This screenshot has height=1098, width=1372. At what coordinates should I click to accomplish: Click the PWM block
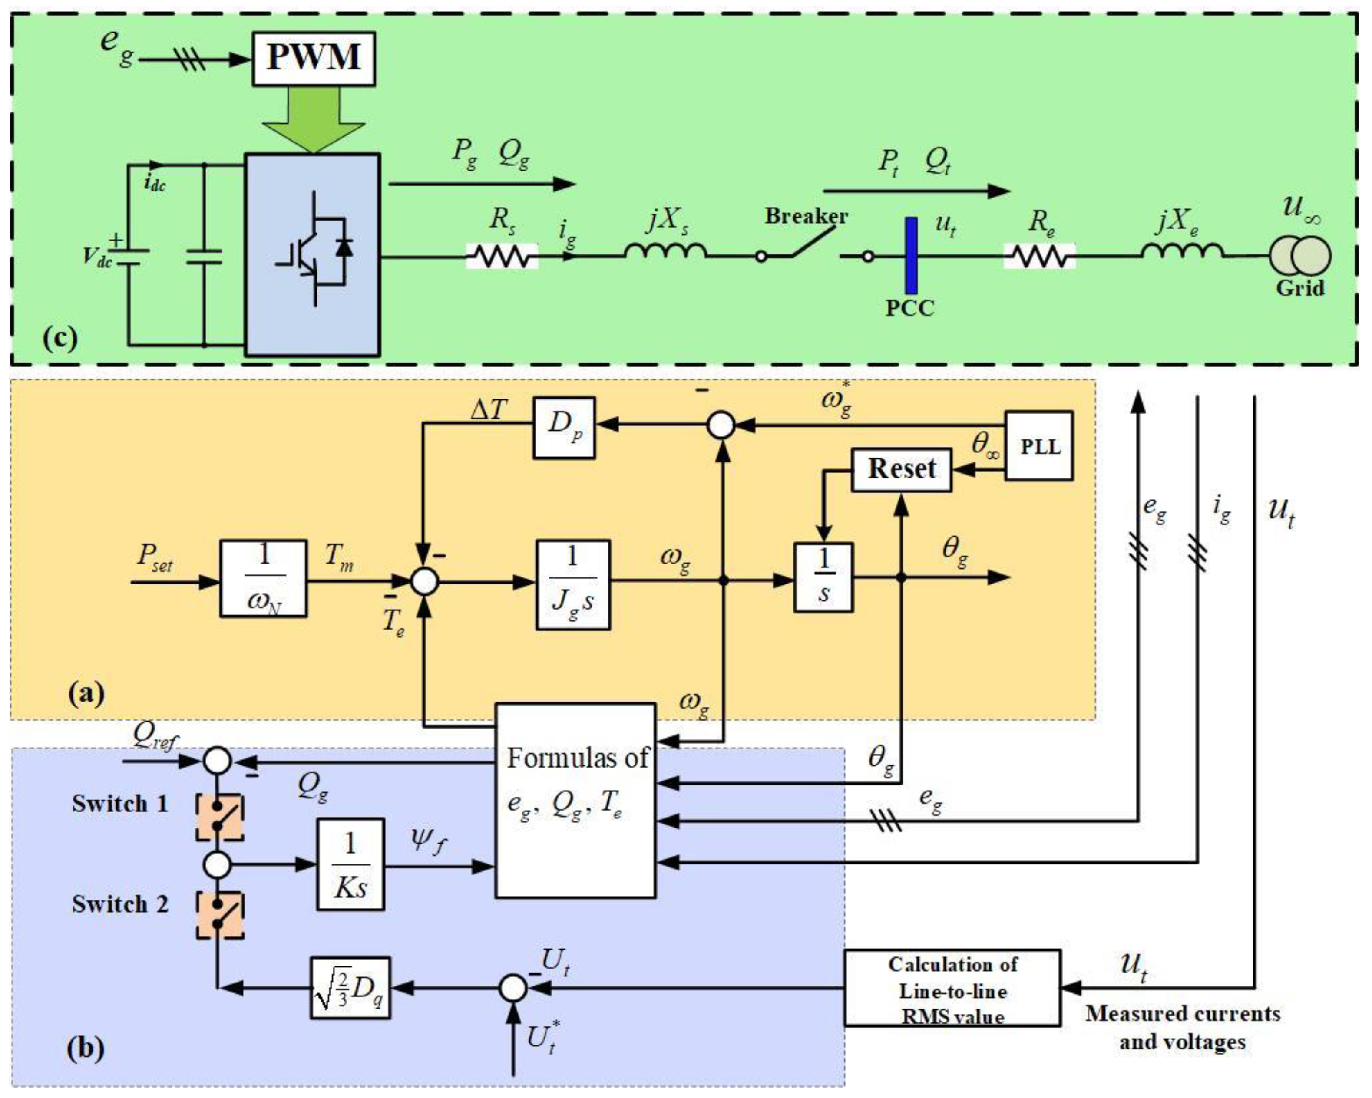(313, 59)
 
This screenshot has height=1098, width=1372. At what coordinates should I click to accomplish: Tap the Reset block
(901, 469)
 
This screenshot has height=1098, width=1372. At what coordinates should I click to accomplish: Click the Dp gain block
(564, 427)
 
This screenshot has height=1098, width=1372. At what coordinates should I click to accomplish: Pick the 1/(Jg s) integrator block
(573, 584)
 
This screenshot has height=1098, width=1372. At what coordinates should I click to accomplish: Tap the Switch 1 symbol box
(219, 817)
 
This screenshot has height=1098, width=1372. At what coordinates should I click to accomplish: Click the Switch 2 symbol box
(219, 915)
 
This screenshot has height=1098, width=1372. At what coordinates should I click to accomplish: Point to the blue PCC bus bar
(911, 256)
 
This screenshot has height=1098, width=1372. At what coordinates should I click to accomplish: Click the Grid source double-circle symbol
(1300, 256)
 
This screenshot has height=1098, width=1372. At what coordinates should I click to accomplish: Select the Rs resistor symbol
(502, 256)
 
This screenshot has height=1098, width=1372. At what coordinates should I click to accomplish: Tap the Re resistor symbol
(1040, 256)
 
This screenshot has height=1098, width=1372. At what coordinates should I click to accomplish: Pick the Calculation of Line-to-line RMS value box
(952, 988)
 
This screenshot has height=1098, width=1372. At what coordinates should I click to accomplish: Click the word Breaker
(806, 216)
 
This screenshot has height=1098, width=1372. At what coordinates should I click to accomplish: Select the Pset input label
(155, 558)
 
